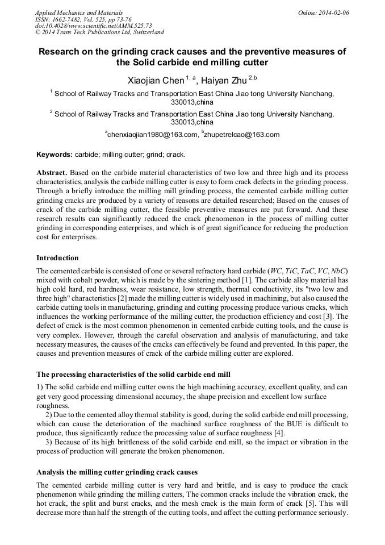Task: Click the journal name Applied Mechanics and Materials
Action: (x=78, y=13)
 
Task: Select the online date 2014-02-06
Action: (x=332, y=13)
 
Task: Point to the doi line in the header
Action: (x=93, y=26)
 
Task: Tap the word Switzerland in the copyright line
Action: (x=147, y=33)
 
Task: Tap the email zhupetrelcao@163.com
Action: (x=242, y=135)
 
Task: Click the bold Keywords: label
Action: (x=55, y=155)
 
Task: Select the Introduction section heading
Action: (x=58, y=257)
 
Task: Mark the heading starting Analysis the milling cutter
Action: (x=117, y=472)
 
